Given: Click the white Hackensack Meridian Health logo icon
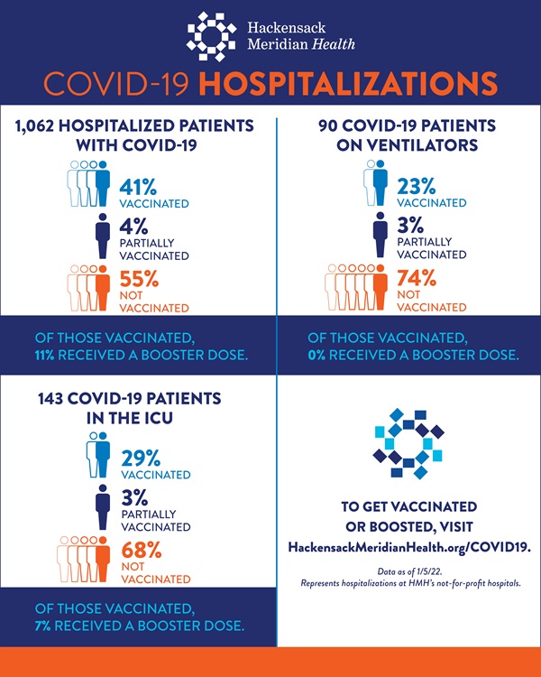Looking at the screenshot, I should click(x=211, y=35).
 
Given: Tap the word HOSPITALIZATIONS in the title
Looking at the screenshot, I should click(x=348, y=83).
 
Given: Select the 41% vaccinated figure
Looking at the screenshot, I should click(x=139, y=187).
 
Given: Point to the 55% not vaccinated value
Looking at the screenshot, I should click(x=139, y=279).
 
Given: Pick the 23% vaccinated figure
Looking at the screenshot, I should click(x=417, y=187).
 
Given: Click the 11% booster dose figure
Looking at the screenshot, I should click(x=42, y=355).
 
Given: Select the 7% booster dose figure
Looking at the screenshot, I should click(x=41, y=626).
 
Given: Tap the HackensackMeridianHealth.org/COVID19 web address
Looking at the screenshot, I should click(x=408, y=547).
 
